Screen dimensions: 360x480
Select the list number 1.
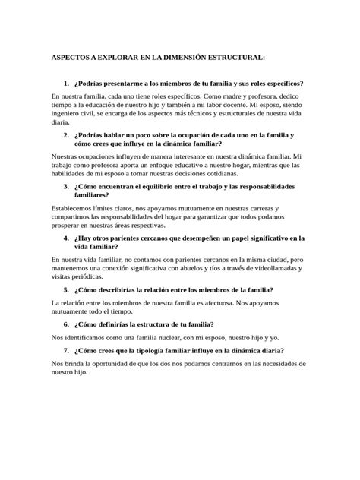pos(67,83)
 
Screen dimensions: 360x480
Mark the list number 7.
pos(67,350)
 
